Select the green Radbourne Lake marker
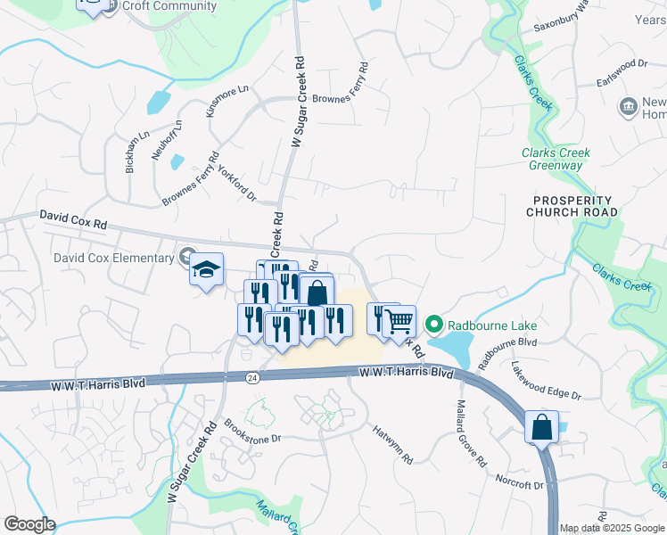(434, 323)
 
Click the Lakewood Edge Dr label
(546, 380)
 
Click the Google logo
(29, 524)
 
